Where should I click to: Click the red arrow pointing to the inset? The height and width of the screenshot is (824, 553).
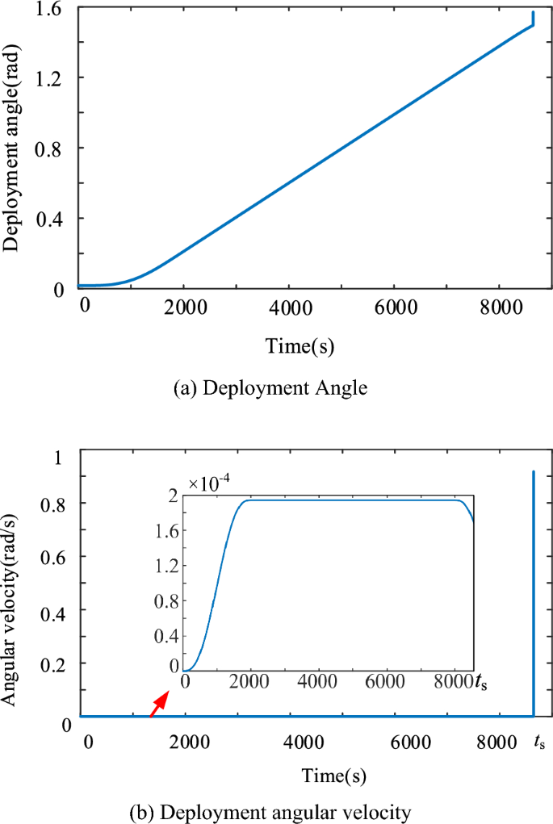159,703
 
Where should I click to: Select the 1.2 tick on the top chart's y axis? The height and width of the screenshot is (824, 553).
54,78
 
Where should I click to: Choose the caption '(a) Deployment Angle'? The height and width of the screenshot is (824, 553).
270,388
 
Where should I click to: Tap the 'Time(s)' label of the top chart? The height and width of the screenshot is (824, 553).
300,346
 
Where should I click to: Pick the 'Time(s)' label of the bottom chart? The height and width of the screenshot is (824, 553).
335,776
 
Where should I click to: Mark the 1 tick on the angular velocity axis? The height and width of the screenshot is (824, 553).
57,458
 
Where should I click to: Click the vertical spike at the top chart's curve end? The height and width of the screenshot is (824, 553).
534,18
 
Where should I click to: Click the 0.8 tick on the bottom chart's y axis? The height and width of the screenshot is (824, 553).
54,503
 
